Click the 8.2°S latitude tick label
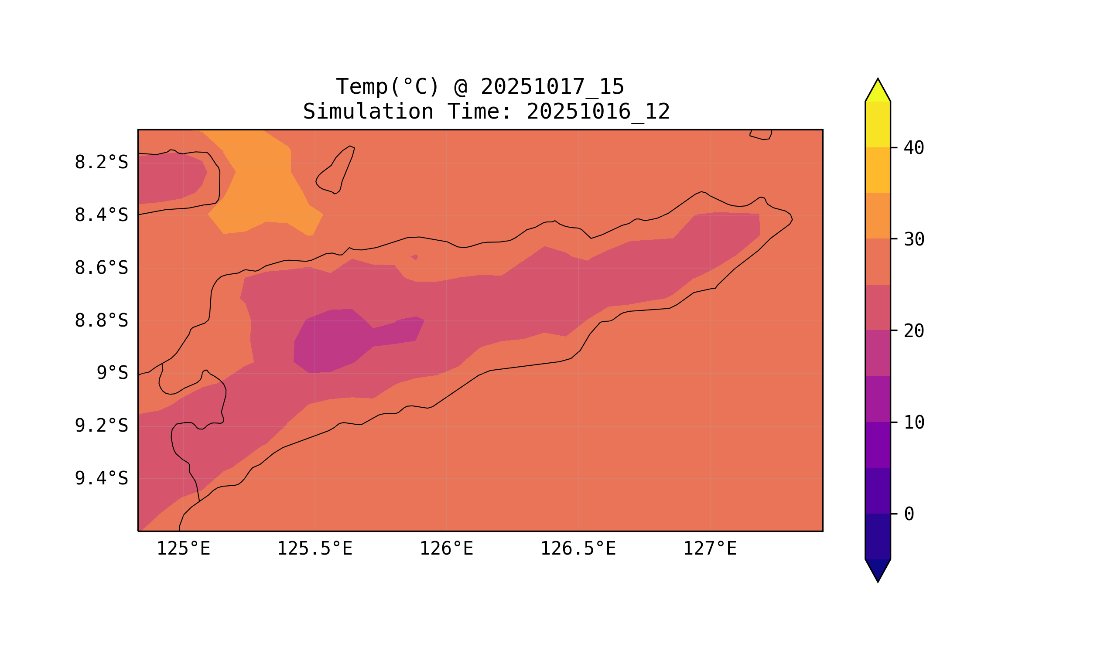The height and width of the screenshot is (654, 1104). point(101,163)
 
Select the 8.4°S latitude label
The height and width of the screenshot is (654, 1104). point(101,215)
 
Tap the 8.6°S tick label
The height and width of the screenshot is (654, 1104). point(101,268)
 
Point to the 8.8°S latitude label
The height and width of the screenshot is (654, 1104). point(101,321)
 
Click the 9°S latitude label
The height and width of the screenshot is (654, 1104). point(112,373)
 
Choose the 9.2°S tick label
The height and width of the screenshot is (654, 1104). point(101,426)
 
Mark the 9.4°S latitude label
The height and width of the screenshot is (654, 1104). point(101,478)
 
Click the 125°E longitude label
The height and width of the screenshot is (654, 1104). point(183,548)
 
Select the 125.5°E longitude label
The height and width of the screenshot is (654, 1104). point(314,548)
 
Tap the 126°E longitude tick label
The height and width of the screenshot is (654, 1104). point(446,548)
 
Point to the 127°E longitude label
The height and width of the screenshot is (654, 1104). point(709,548)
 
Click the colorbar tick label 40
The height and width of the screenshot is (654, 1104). point(913,148)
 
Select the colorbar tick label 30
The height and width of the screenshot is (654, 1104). point(913,240)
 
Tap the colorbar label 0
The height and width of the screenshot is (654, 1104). point(909,514)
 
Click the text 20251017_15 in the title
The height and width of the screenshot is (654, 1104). point(552,87)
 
